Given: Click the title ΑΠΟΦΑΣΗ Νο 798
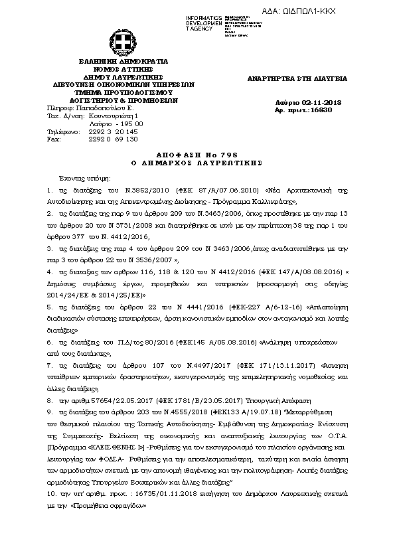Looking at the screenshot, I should (198, 153).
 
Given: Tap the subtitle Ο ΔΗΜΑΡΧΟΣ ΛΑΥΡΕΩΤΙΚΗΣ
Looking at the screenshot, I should (198, 161).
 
